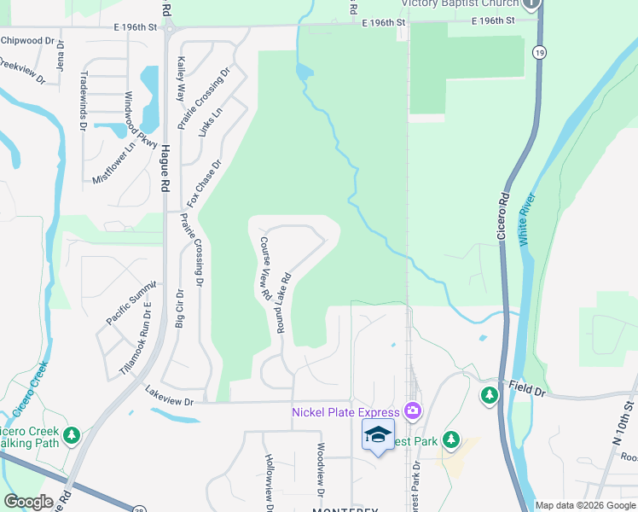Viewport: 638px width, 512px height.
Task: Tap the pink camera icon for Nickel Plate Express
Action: point(414,412)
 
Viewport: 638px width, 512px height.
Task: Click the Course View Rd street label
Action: point(265,268)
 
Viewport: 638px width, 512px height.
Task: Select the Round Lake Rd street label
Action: point(284,302)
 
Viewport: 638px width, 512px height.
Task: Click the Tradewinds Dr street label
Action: point(84,100)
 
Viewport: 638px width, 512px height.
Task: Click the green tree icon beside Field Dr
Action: point(490,395)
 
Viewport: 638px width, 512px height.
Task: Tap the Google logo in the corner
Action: point(28,502)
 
